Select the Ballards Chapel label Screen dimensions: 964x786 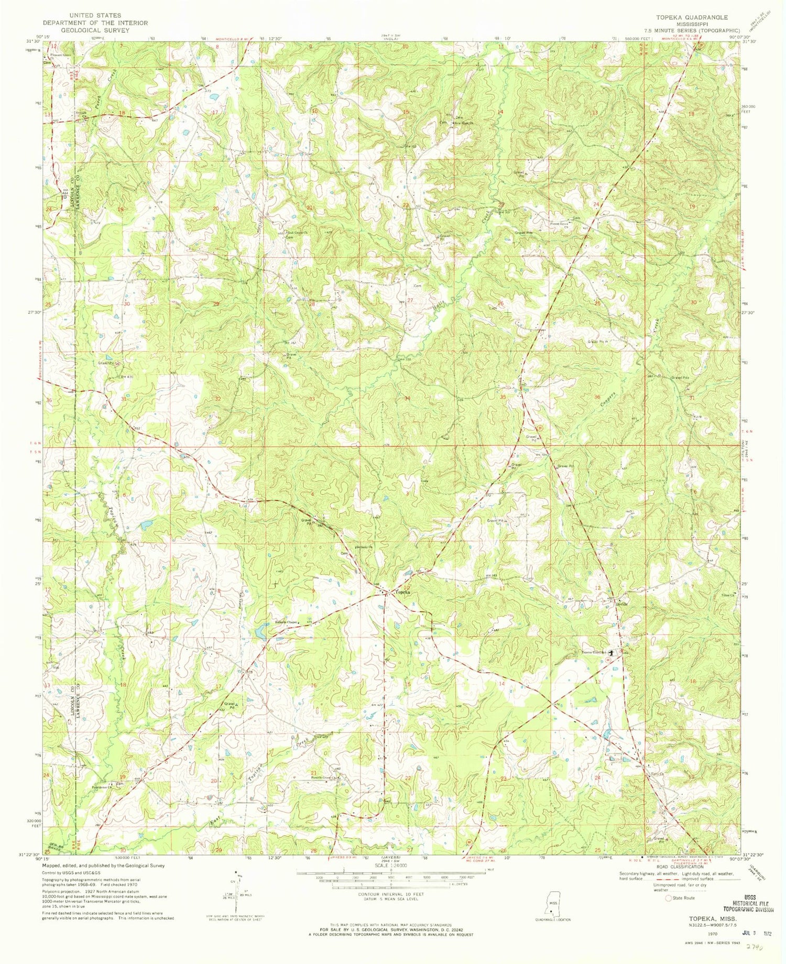tap(287, 622)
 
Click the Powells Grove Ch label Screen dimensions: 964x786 tap(322, 777)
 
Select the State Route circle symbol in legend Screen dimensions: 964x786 tap(668, 898)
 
